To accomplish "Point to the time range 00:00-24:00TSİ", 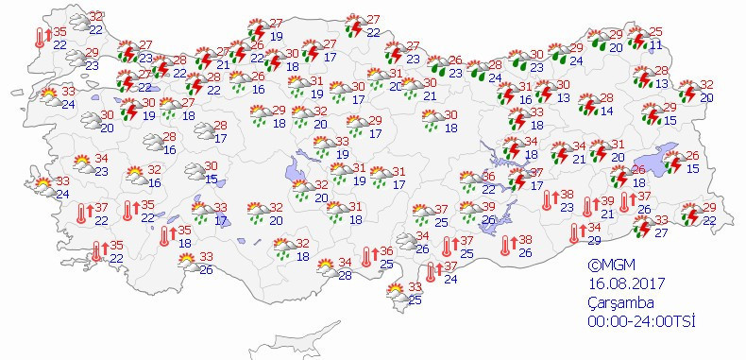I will (638, 321).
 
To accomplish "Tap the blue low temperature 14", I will (607, 111).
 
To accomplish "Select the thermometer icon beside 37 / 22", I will (83, 214).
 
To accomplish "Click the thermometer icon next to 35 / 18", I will (167, 235).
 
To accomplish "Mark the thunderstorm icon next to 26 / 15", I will (672, 162).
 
